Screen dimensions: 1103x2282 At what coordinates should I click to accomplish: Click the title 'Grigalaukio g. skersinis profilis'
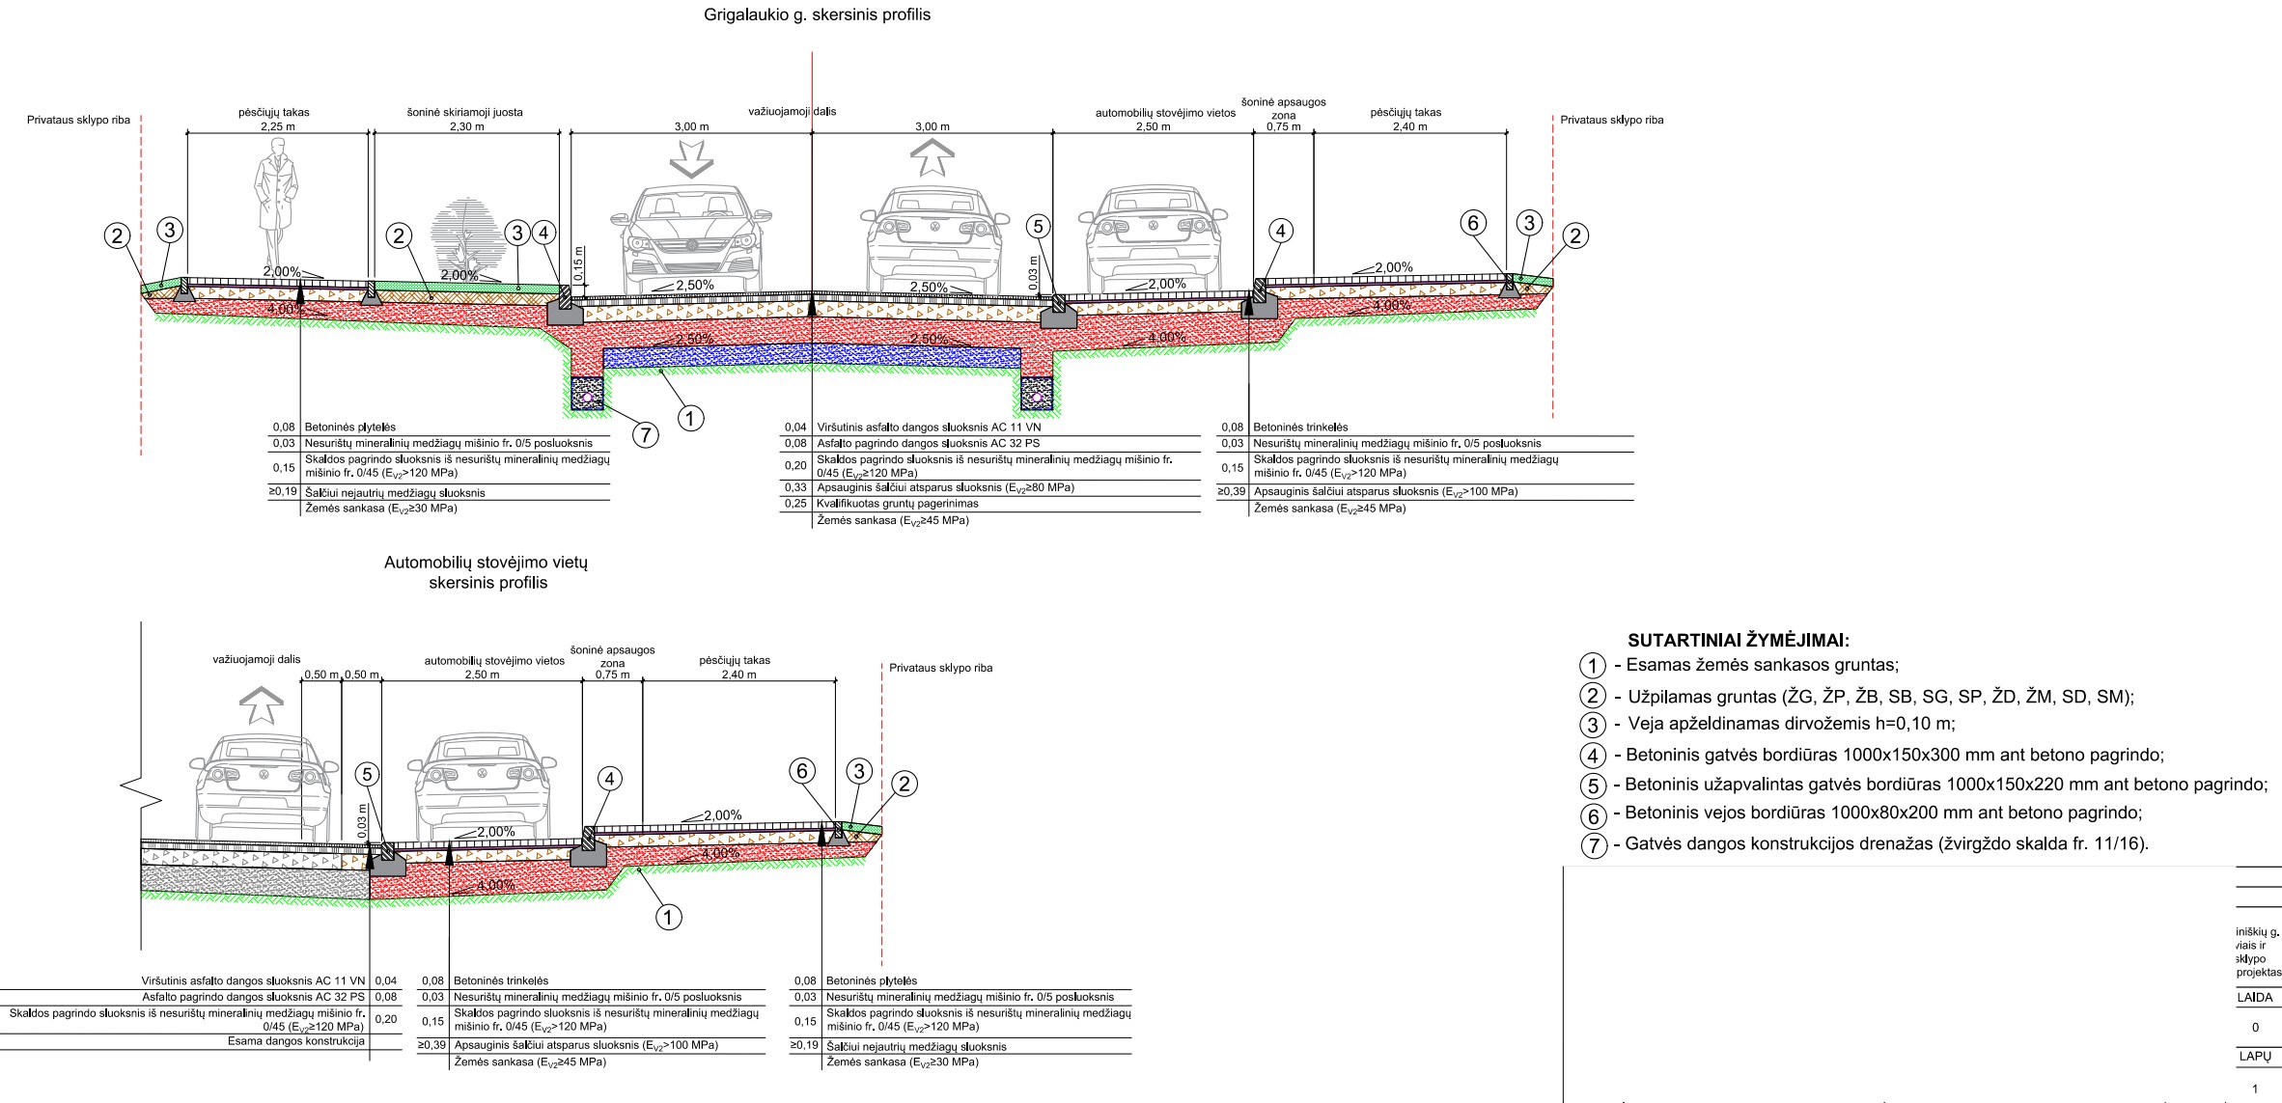pos(818,15)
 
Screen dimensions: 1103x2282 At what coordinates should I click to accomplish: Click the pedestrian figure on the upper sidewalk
pos(275,199)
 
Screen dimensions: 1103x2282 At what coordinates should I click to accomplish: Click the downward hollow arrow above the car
pos(691,158)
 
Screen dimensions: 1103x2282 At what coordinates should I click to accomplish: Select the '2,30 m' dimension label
pos(466,126)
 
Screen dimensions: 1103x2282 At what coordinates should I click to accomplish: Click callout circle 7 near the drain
pos(645,435)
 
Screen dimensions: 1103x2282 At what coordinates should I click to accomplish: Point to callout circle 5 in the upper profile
pos(1038,227)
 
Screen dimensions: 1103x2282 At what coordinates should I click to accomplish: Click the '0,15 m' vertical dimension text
pos(578,262)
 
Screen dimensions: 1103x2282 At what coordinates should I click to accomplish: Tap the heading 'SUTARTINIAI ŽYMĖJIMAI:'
pos(1739,640)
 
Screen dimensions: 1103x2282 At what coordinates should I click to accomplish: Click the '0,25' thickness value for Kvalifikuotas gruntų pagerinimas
pos(794,504)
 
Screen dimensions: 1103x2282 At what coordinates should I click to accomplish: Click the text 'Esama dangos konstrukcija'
pos(295,1041)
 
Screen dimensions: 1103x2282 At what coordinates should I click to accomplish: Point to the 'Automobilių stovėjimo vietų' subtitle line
pos(486,563)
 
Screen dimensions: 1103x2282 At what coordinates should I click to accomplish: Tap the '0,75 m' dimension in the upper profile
pos(1283,126)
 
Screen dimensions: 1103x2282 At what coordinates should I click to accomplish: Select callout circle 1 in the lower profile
pos(669,917)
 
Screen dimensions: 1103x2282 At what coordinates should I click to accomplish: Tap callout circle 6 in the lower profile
pos(803,770)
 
